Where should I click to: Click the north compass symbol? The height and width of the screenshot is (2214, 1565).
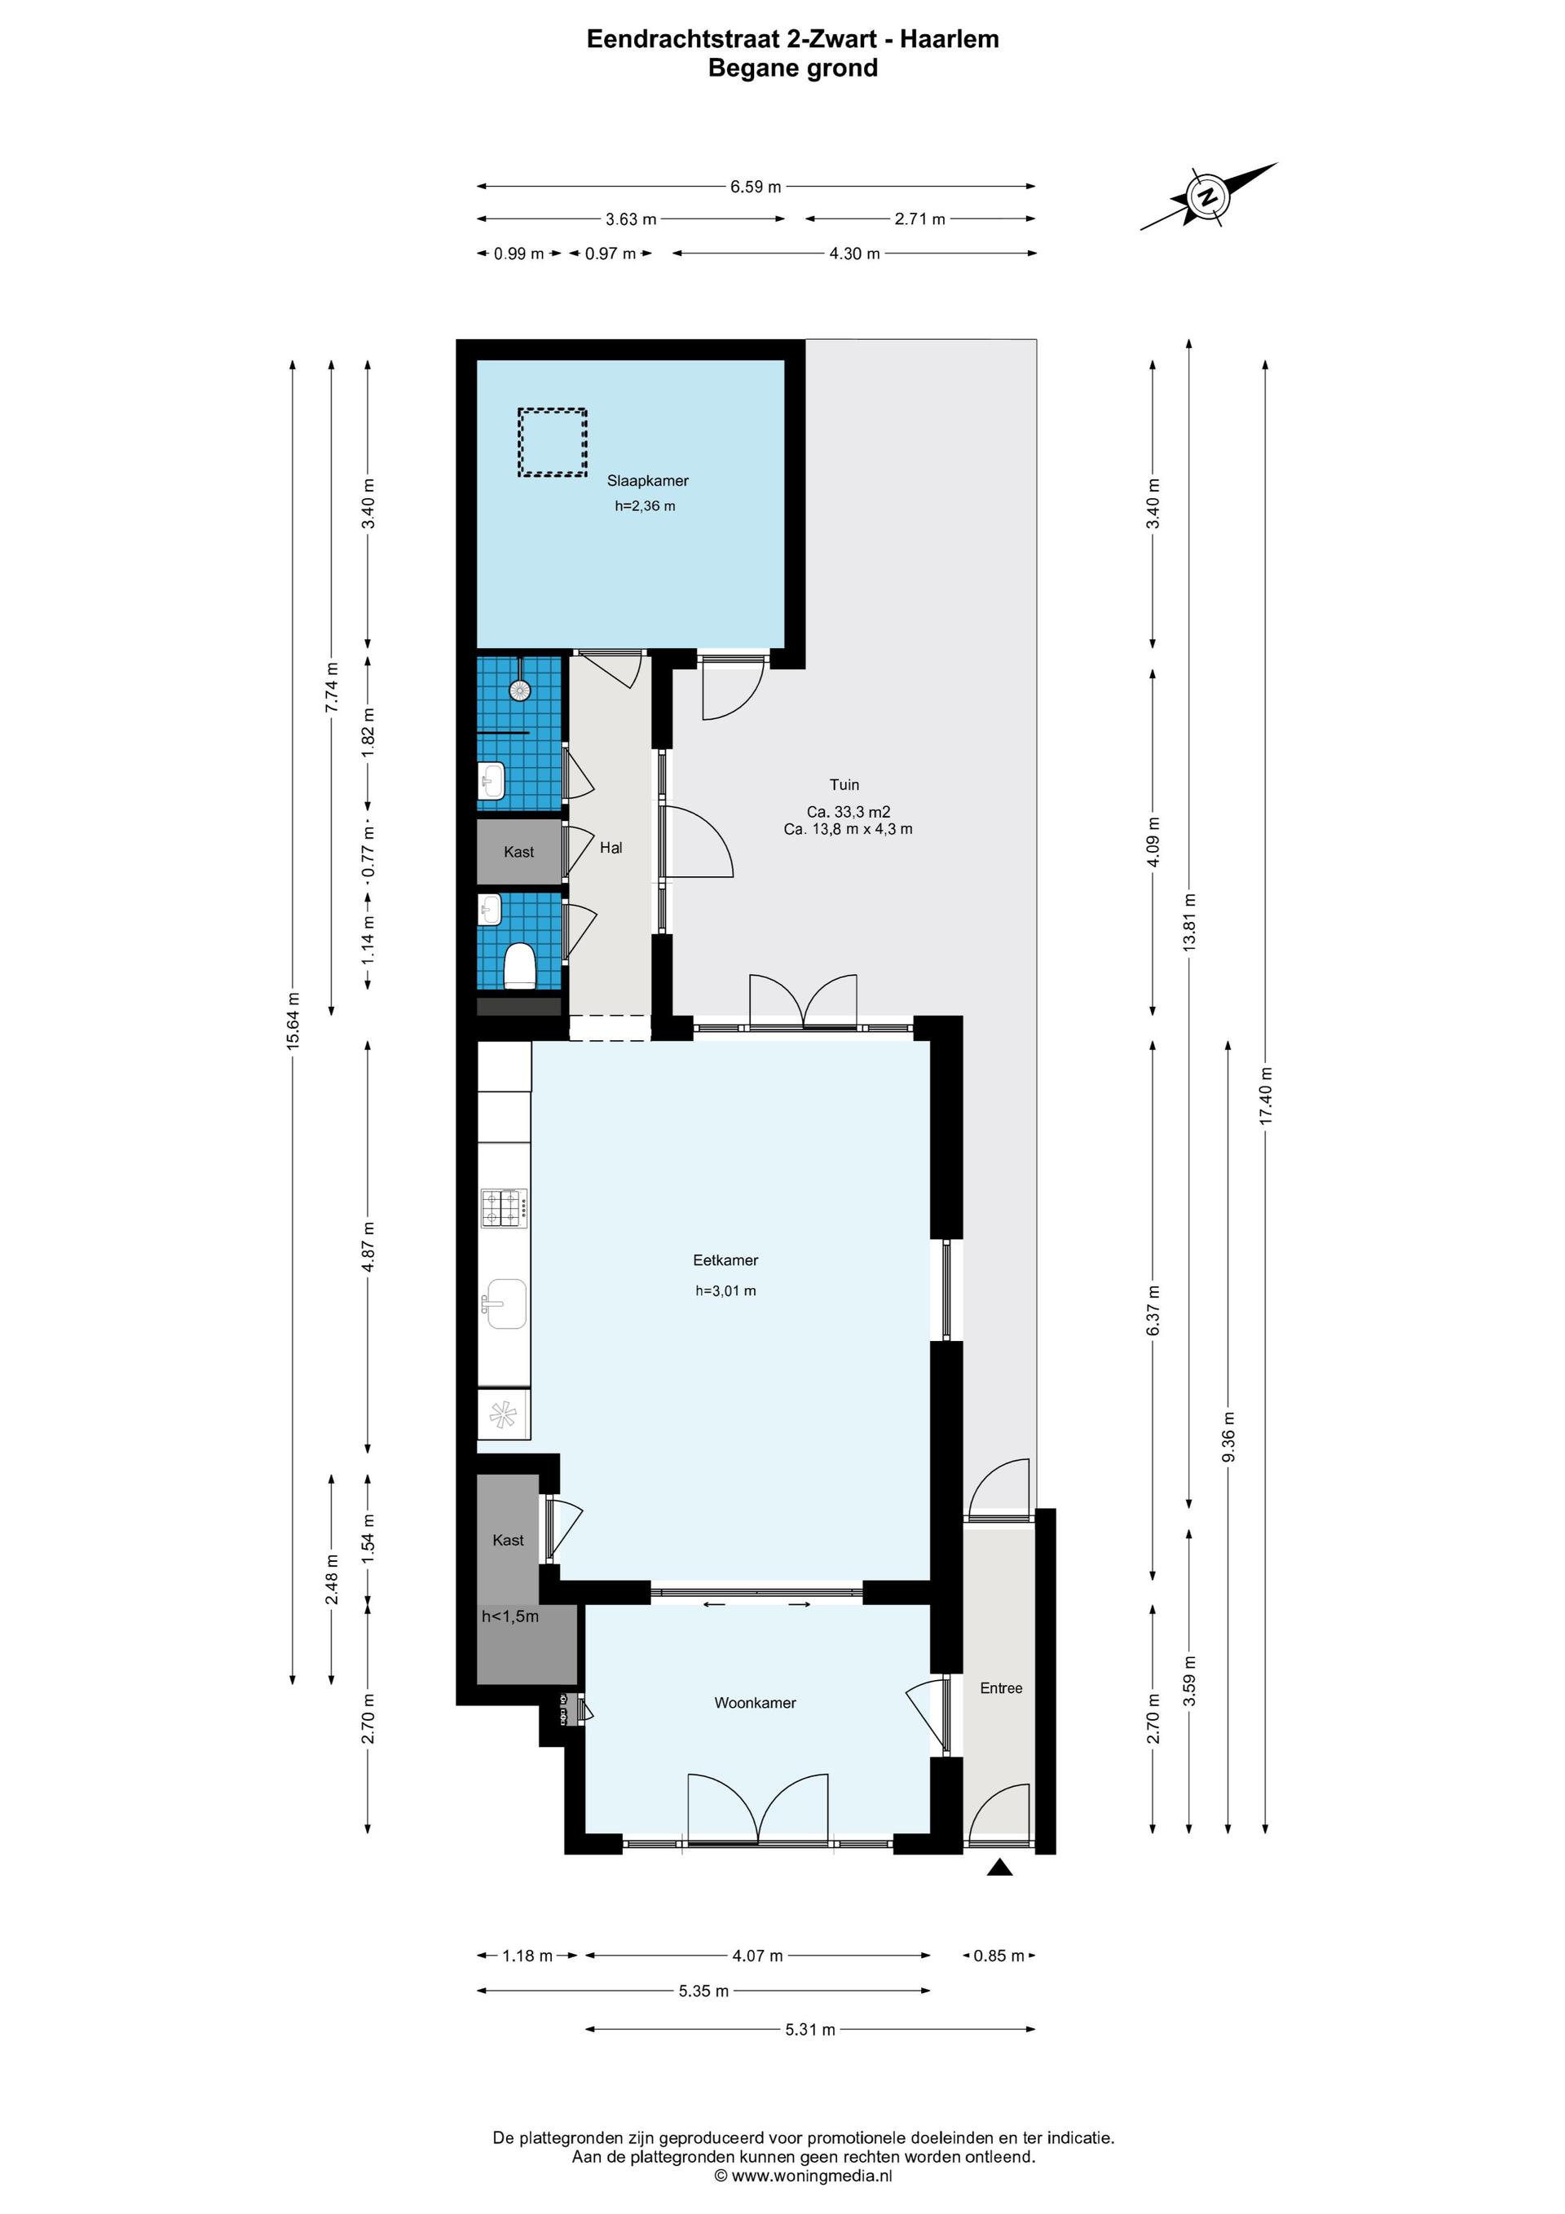1208,196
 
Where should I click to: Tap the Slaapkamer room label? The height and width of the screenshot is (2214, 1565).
647,480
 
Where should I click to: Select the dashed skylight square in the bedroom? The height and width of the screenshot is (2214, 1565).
553,442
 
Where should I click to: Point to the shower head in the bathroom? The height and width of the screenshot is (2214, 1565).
520,689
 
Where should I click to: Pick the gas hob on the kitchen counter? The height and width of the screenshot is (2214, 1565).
505,1207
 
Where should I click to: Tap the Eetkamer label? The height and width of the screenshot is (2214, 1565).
725,1259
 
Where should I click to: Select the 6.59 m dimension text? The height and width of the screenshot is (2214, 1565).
755,186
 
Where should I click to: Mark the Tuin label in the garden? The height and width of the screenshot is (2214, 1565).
844,784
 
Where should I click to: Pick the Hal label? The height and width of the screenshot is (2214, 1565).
611,847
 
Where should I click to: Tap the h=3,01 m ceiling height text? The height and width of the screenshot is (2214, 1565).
725,1290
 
